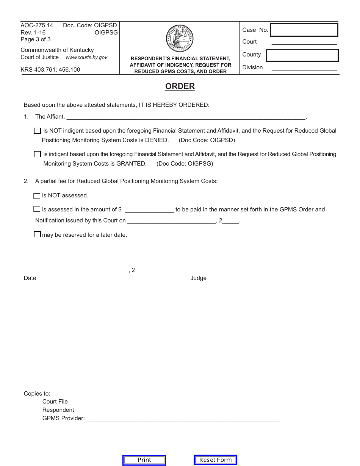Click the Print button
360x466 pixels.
144,460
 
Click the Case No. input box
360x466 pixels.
304,30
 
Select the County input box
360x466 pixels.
302,55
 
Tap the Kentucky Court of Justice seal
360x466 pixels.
180,38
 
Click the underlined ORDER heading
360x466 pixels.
180,86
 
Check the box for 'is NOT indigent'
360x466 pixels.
37,131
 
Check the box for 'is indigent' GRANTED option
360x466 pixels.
37,154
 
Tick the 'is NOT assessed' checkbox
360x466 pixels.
37,196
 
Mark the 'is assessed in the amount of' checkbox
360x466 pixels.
37,209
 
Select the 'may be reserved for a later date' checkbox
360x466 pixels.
37,235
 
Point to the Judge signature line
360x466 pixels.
260,271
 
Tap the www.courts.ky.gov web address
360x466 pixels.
86,58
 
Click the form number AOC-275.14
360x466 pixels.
37,25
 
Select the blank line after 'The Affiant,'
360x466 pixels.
186,117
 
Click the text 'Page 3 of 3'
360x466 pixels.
36,39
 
